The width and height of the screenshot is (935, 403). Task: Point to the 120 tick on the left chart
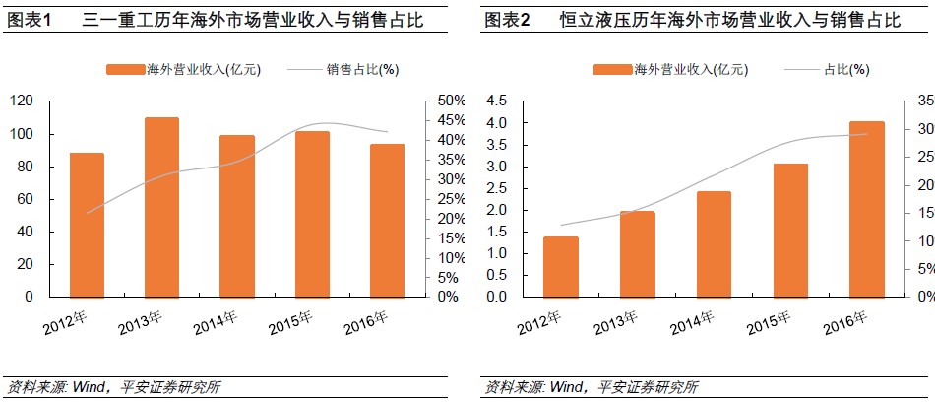22,101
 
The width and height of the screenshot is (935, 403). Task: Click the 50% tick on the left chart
452,101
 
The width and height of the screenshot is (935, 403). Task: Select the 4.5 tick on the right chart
496,101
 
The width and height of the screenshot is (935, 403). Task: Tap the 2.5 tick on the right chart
496,188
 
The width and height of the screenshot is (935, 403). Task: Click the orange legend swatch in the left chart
124,69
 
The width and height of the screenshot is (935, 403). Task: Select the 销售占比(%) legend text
363,69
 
